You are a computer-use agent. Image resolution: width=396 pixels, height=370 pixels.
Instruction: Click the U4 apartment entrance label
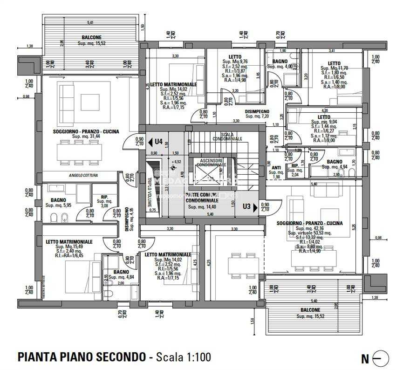158,141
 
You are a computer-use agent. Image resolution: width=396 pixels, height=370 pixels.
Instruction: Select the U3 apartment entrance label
247,206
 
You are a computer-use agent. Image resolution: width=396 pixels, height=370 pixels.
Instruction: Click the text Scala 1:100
183,357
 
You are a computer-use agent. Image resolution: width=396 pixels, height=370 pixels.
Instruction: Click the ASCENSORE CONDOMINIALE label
212,163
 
